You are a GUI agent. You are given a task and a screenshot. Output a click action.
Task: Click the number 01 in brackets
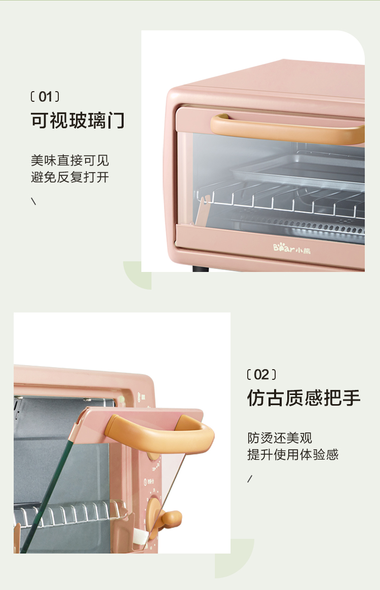point(45,97)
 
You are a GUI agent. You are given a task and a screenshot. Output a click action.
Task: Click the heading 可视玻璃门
point(78,121)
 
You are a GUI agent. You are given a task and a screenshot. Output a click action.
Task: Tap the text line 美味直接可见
point(70,161)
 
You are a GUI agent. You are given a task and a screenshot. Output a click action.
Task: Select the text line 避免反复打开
point(70,177)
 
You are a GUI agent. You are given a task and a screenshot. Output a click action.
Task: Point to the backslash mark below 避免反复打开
point(33,201)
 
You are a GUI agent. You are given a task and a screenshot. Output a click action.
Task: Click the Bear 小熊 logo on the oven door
point(292,249)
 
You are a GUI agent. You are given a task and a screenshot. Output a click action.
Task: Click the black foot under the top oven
point(200,268)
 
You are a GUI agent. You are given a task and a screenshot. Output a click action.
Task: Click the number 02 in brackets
point(261,375)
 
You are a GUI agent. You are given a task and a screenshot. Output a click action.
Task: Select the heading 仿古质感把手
point(303,398)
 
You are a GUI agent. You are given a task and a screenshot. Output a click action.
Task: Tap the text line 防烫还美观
point(280,438)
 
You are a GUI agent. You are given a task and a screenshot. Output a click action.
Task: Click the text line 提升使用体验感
point(293,455)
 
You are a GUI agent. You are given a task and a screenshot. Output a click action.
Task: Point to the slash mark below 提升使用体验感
point(250,479)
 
